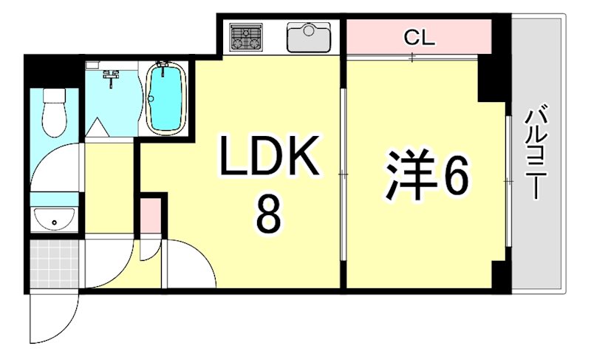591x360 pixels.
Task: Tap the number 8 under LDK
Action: click(267, 215)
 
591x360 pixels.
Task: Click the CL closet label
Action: click(419, 38)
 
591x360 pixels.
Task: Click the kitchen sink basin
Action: click(310, 38)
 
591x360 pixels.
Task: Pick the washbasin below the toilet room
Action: click(54, 218)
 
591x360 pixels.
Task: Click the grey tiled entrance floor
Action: click(55, 264)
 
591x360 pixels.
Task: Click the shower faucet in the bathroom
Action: click(112, 74)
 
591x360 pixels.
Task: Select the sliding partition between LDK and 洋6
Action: click(343, 174)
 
